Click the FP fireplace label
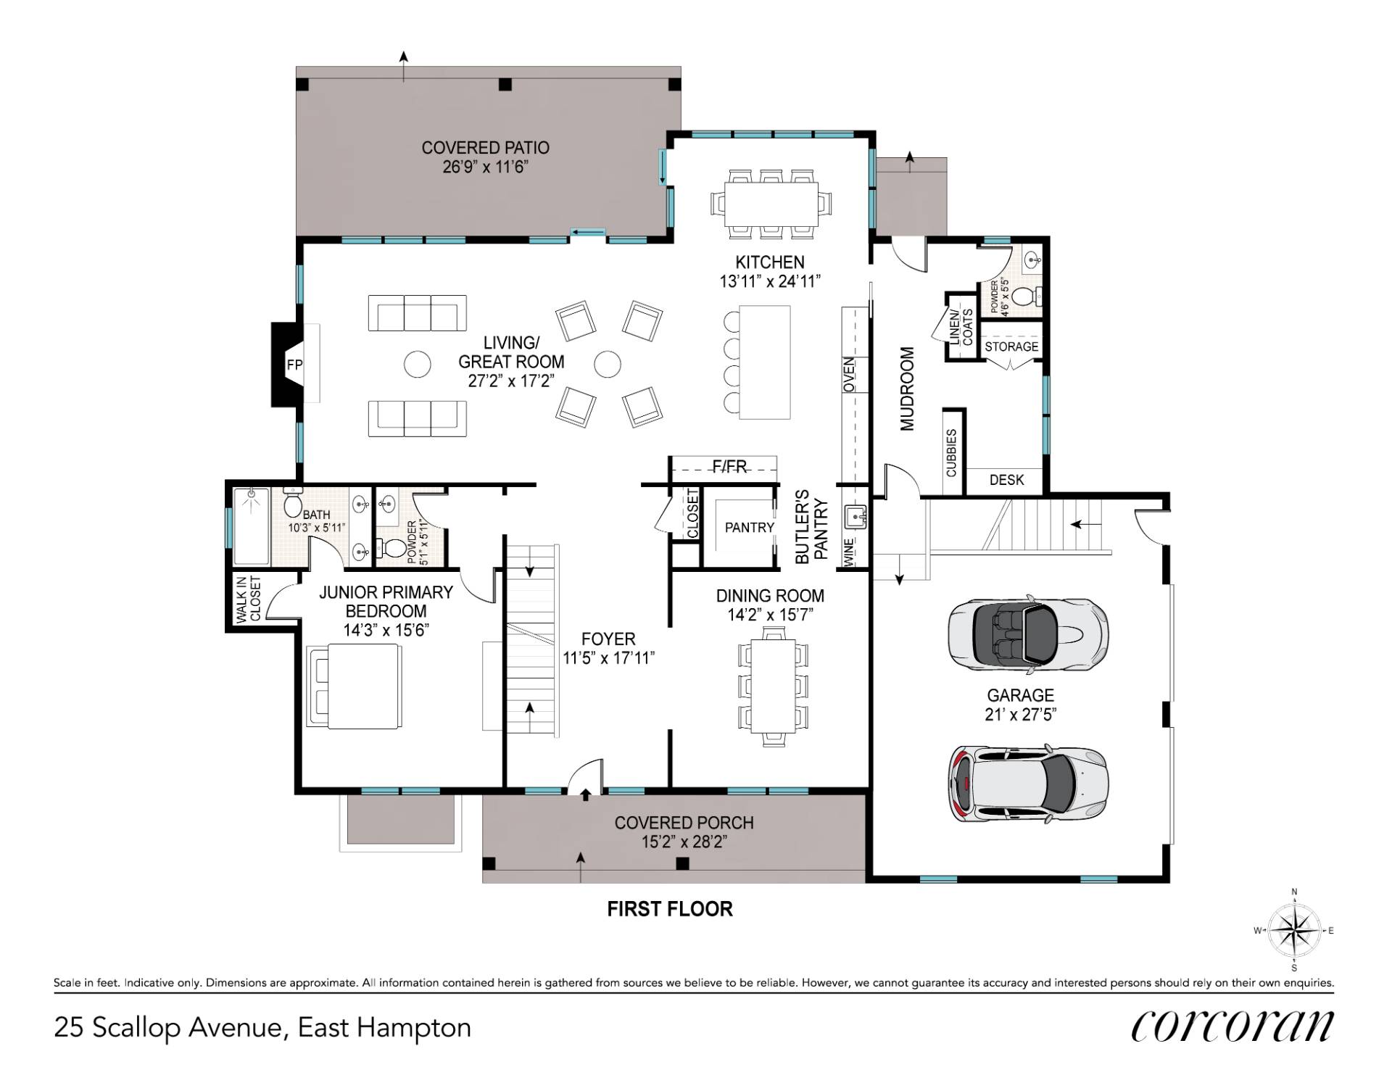click(x=294, y=365)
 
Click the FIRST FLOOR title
click(x=670, y=909)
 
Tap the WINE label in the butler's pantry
click(x=849, y=552)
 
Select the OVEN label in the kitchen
click(x=849, y=375)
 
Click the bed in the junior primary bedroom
click(x=354, y=686)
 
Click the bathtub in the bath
click(x=252, y=526)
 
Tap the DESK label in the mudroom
click(x=1006, y=480)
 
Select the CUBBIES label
click(x=952, y=452)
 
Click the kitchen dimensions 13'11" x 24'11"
click(x=769, y=281)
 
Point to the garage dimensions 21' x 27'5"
click(x=1020, y=714)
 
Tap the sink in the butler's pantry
click(x=855, y=518)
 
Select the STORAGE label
click(x=1011, y=346)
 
